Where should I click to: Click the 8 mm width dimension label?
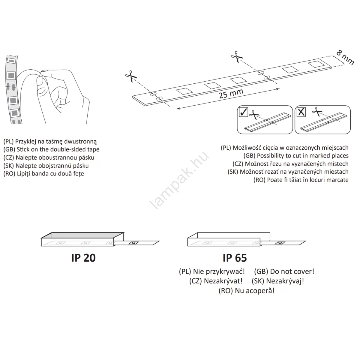[x=345, y=58]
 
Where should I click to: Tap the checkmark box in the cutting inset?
[x=243, y=112]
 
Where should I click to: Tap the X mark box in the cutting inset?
[x=301, y=112]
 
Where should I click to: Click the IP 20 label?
[x=83, y=258]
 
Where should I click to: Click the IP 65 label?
[x=235, y=258]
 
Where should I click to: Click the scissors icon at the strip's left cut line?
[x=131, y=76]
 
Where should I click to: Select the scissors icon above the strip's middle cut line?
[x=237, y=57]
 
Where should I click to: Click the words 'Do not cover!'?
[x=292, y=271]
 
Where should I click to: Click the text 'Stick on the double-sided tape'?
[x=58, y=149]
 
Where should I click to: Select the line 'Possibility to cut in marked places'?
[x=303, y=156]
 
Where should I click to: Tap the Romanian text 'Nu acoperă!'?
[x=255, y=291]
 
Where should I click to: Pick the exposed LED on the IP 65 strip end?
[x=280, y=243]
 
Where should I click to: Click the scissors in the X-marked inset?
[x=317, y=112]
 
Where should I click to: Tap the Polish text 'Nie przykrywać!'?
[x=219, y=271]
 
